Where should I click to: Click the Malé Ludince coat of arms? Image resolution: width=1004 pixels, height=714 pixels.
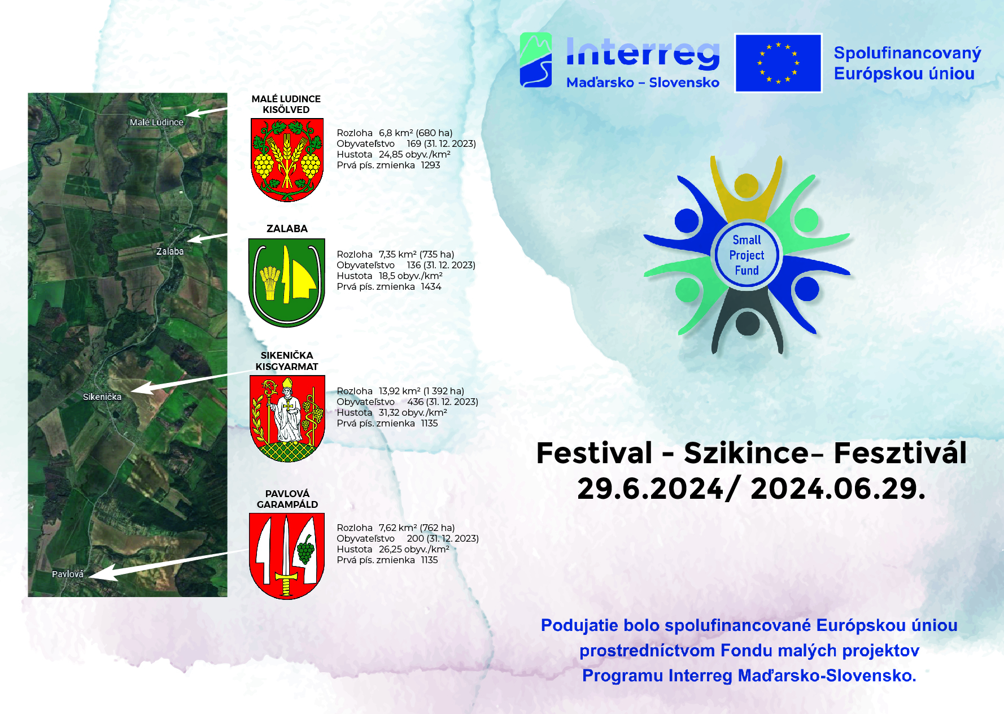(x=287, y=160)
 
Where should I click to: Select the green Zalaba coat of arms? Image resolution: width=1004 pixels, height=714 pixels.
(x=287, y=282)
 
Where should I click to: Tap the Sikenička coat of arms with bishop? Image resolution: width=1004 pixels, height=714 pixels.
(x=287, y=419)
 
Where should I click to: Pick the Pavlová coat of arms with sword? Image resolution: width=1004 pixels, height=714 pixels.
(x=287, y=556)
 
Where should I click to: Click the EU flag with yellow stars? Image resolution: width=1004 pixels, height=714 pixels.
(x=778, y=63)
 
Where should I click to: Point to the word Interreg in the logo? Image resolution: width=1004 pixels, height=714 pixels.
(x=643, y=54)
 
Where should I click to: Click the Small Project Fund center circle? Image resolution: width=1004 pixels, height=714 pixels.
(x=747, y=255)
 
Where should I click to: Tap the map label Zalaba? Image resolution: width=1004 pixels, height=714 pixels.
(x=170, y=251)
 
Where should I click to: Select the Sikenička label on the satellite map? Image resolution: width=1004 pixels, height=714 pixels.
(x=102, y=397)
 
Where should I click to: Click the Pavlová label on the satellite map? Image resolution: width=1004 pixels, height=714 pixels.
(x=68, y=574)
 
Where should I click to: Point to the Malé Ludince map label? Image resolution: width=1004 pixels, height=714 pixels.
(x=156, y=122)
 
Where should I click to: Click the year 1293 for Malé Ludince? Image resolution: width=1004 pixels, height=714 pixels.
(x=430, y=165)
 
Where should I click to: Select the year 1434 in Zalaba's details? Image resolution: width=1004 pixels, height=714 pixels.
(x=431, y=286)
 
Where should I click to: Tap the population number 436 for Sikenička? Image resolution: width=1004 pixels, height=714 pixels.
(x=415, y=402)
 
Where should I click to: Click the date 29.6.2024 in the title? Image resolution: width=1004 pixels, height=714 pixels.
(x=651, y=489)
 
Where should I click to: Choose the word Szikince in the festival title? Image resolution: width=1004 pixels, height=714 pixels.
(x=746, y=453)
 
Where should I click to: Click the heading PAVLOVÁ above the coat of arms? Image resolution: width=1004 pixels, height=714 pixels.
(x=287, y=494)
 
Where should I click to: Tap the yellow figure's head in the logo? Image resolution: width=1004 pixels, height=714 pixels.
(x=747, y=186)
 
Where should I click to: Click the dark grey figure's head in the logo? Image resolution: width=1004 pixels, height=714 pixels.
(x=748, y=323)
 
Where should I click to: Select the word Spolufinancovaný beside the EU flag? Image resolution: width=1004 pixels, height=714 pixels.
(x=907, y=54)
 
